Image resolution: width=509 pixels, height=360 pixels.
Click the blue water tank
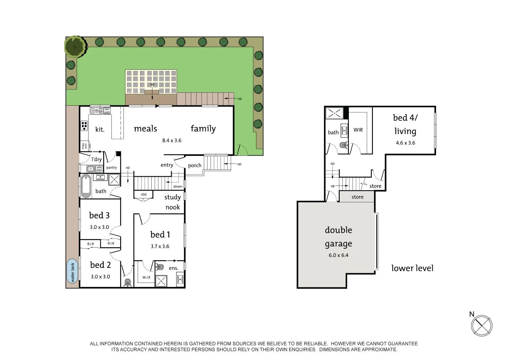point(72,271)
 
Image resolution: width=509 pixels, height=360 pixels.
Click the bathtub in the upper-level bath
point(86,186)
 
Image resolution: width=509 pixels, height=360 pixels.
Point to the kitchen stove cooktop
point(84,126)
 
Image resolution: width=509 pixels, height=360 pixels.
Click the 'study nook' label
point(172,202)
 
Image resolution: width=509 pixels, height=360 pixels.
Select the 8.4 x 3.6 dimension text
point(172,140)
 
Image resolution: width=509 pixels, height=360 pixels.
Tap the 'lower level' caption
point(412,268)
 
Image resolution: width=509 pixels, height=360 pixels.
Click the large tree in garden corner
point(75,47)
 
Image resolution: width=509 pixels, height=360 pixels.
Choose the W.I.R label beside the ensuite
point(146,277)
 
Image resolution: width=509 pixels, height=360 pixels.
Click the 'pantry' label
point(111,167)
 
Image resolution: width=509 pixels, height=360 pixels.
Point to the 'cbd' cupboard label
point(144,195)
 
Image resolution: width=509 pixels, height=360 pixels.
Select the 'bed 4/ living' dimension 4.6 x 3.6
point(405,143)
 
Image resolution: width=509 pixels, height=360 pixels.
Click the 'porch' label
point(194,165)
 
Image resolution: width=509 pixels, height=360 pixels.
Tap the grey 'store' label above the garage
point(357,197)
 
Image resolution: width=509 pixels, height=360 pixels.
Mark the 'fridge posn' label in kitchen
point(84,146)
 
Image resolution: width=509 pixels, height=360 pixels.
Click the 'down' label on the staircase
point(178,186)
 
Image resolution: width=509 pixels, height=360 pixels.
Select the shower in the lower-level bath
point(334,113)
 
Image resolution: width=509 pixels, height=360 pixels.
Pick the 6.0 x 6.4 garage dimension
point(338,255)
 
